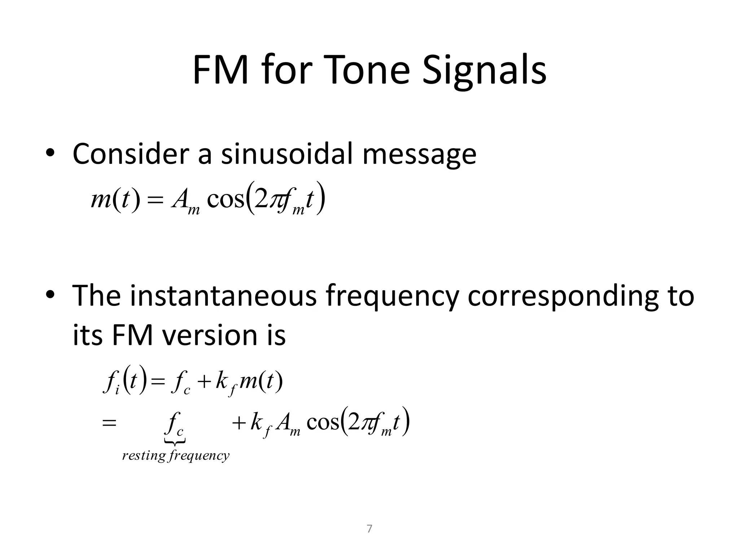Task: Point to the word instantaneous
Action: click(223, 295)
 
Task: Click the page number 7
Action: click(369, 529)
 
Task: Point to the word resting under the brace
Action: click(144, 456)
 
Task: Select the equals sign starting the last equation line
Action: click(109, 423)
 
